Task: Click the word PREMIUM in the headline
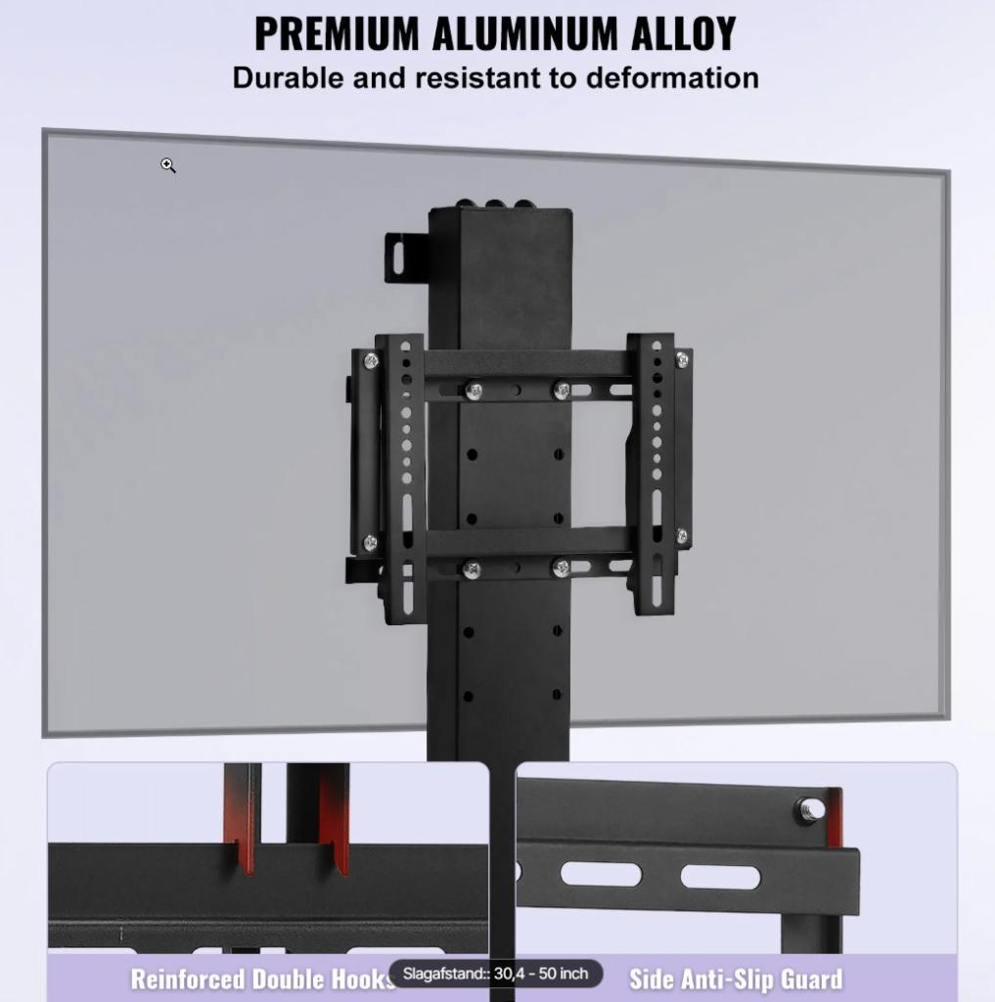tap(337, 33)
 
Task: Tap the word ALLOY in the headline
tap(683, 33)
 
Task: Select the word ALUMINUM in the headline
tap(524, 33)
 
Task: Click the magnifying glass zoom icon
tap(168, 166)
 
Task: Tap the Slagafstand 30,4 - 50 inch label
tap(496, 974)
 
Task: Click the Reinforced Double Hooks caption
tap(262, 979)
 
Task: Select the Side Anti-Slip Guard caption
tap(736, 979)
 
